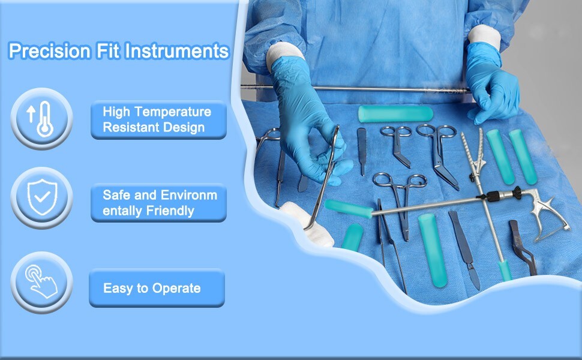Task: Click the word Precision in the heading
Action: click(49, 51)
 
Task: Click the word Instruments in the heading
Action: click(177, 51)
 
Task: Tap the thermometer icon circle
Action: click(41, 119)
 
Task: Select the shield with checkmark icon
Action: click(43, 197)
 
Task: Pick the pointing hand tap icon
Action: click(41, 281)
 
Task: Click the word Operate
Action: click(176, 289)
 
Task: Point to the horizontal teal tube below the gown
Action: click(395, 113)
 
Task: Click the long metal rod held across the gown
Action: click(356, 89)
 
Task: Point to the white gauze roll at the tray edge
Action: click(307, 224)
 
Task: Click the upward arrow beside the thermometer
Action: click(31, 114)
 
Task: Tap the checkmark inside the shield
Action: click(42, 196)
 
